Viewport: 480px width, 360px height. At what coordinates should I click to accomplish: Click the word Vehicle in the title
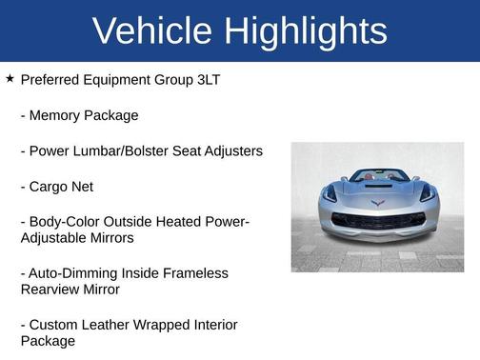coord(152,31)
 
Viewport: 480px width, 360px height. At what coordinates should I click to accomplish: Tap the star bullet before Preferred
coord(10,79)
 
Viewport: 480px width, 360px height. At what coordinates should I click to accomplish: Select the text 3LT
coord(205,80)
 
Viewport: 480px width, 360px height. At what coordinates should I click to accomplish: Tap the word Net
coord(82,187)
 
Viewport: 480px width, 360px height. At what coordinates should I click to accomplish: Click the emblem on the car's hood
coord(377,204)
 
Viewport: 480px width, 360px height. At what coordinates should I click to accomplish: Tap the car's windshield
coord(378,177)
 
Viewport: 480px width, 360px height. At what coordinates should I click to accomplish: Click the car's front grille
coord(377,221)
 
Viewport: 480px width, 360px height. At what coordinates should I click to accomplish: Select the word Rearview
coord(50,289)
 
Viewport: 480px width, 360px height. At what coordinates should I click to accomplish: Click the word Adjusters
coord(231,150)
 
